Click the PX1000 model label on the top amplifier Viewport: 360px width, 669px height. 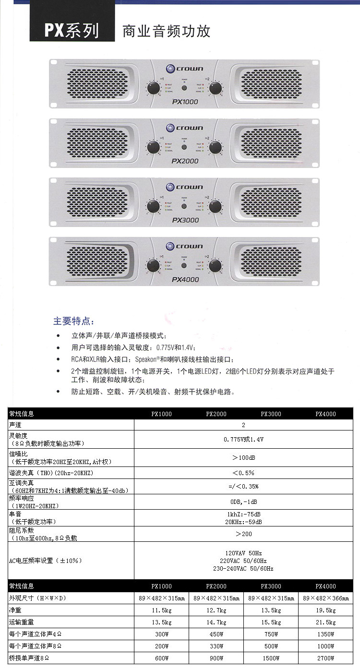tap(185, 102)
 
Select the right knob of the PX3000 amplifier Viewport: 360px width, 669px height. tap(216, 206)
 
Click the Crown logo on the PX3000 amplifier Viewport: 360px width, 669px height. tap(185, 187)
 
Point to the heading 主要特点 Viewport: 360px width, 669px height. tap(74, 321)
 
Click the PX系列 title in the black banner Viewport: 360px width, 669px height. tap(72, 30)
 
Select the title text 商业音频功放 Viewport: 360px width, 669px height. tap(167, 32)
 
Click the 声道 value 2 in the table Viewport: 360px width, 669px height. tap(243, 425)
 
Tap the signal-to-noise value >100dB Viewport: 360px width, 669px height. tap(243, 457)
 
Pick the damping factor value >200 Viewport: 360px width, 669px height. tap(243, 534)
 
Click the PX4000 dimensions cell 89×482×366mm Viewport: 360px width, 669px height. tap(325, 598)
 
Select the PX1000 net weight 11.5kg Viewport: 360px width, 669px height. tap(162, 610)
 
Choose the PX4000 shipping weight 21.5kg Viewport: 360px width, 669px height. tap(325, 622)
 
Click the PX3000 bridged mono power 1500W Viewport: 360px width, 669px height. tap(271, 658)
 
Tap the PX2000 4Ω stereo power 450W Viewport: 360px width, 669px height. tap(216, 634)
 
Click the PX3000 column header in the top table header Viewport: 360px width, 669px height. tap(271, 414)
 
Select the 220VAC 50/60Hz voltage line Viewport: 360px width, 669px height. tap(243, 561)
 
